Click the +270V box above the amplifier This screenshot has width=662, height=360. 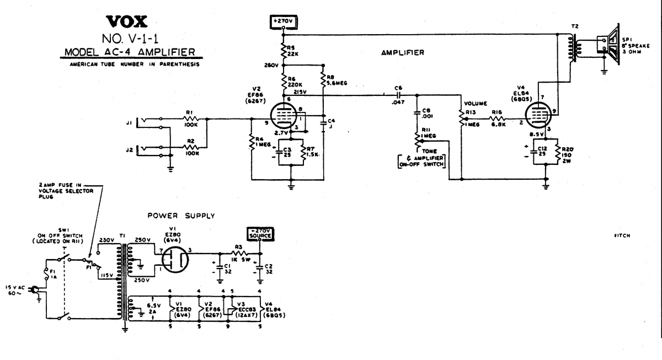[x=282, y=22]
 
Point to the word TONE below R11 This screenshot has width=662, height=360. [x=430, y=151]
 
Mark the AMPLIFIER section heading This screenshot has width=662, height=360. [x=402, y=53]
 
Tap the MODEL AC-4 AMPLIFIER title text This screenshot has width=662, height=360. [x=129, y=52]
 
